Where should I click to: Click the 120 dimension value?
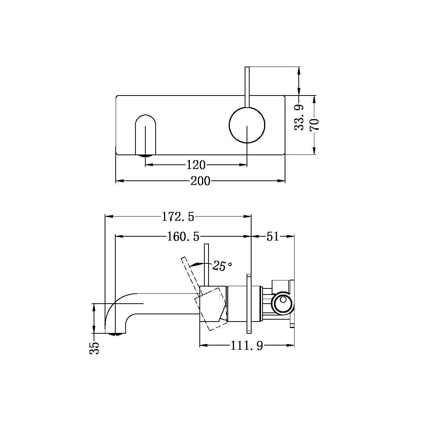[196, 165]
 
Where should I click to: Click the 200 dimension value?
[200, 181]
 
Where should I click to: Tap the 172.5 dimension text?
[178, 217]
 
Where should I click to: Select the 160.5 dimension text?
[183, 237]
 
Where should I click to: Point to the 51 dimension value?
[272, 237]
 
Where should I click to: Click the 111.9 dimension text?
[247, 346]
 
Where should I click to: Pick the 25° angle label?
[222, 266]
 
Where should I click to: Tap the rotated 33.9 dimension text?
[300, 118]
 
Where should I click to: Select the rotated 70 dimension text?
[315, 124]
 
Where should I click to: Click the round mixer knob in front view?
[247, 125]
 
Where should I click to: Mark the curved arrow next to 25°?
[196, 263]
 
